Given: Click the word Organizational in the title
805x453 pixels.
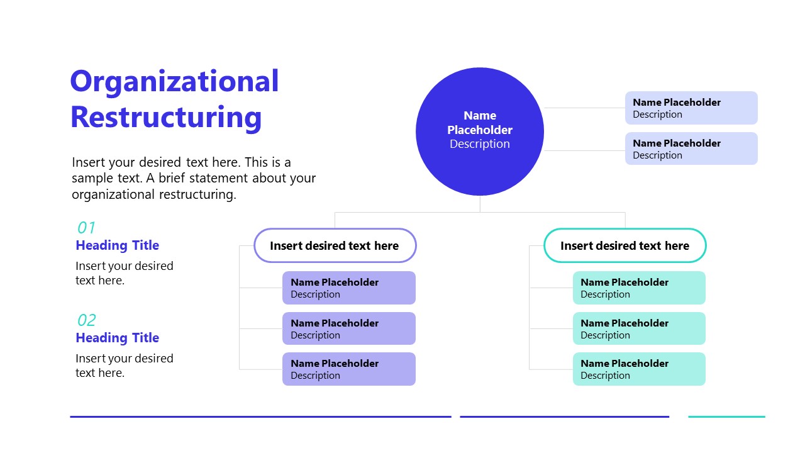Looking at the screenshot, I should [x=174, y=82].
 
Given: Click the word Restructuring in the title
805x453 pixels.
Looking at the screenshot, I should [x=166, y=118].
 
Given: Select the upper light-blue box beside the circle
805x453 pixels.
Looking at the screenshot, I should [x=691, y=108].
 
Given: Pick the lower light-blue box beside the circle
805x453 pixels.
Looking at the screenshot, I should [x=691, y=149].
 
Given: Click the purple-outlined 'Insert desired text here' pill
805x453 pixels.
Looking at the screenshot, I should [x=335, y=245].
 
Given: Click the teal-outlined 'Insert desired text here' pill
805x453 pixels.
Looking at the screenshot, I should [x=625, y=245].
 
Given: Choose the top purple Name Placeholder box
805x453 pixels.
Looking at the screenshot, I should [x=349, y=288].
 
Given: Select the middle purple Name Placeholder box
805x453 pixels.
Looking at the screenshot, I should [x=349, y=328].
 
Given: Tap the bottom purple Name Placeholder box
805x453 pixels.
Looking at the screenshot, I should [x=349, y=369].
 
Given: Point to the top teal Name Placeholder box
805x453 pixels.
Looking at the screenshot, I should [x=639, y=288].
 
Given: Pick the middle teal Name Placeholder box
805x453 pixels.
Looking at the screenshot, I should [x=639, y=328].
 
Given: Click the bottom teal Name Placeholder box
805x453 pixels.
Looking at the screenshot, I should [x=639, y=369].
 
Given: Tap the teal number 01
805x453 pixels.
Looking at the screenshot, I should [x=86, y=228].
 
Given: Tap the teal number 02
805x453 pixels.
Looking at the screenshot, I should [x=86, y=320].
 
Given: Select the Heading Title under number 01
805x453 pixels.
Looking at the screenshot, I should [x=118, y=245].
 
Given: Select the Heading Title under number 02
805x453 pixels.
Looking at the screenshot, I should [x=118, y=338].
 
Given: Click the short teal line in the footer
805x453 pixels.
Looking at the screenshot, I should [x=726, y=417].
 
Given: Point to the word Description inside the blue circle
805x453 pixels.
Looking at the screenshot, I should [x=480, y=144].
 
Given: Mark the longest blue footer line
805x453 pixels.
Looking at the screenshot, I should [x=260, y=417].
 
